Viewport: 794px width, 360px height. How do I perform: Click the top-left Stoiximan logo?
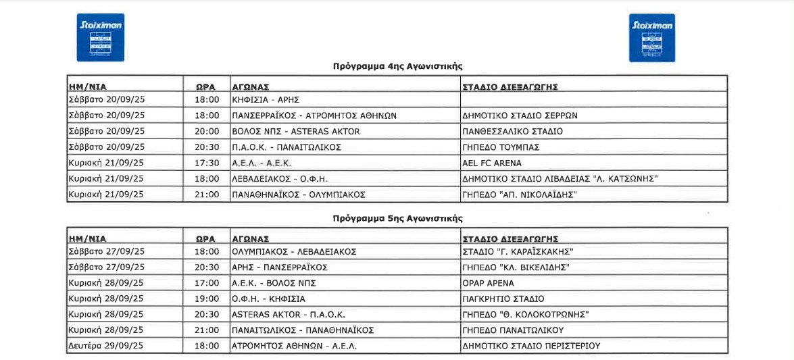(x=100, y=38)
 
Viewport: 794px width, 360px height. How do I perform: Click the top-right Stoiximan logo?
(x=651, y=38)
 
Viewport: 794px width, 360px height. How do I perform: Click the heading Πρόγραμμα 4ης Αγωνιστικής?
(x=397, y=66)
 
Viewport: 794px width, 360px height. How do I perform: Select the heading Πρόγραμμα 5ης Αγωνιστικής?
(x=397, y=219)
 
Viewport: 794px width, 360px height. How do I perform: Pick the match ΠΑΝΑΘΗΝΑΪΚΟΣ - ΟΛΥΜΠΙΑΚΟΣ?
(x=299, y=195)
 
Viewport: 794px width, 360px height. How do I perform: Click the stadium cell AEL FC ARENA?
(x=492, y=163)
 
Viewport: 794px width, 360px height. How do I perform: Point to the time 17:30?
(x=207, y=163)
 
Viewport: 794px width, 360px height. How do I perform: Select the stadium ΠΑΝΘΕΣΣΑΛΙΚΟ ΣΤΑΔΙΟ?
(x=512, y=131)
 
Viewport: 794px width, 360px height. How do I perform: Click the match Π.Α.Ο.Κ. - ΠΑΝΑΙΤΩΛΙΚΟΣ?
(x=287, y=147)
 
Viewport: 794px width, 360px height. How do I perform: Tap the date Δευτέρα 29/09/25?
(x=107, y=346)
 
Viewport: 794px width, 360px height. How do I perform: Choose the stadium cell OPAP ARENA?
(x=488, y=283)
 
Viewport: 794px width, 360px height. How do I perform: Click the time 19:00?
(x=207, y=299)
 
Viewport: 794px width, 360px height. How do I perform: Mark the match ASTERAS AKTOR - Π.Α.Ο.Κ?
(x=289, y=315)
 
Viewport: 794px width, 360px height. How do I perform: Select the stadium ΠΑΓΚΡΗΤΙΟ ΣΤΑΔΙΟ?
(x=503, y=299)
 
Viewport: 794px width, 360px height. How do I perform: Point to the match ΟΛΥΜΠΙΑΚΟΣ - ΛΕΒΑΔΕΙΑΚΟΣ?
(x=294, y=251)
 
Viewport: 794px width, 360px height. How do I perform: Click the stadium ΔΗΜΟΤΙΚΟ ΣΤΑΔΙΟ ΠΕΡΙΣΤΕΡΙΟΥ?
(x=531, y=346)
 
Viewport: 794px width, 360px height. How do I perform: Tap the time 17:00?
(x=207, y=283)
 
